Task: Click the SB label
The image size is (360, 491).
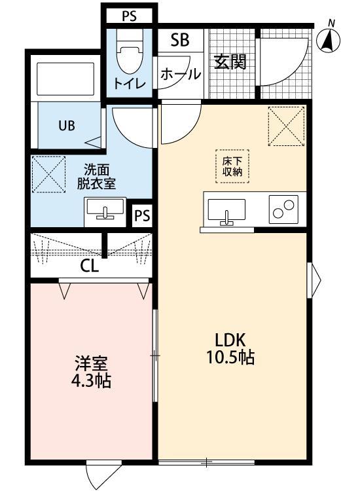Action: tap(179, 40)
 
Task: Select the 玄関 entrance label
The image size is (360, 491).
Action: tap(230, 62)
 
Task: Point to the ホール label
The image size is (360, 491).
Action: tap(180, 74)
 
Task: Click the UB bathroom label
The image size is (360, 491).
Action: tap(67, 126)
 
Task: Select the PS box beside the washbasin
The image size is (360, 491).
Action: tap(142, 215)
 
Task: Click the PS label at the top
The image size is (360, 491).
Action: tap(129, 16)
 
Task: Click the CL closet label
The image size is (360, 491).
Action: tap(90, 266)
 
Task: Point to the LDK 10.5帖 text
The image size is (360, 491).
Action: tap(230, 348)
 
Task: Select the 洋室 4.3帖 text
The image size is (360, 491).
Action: tap(92, 371)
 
